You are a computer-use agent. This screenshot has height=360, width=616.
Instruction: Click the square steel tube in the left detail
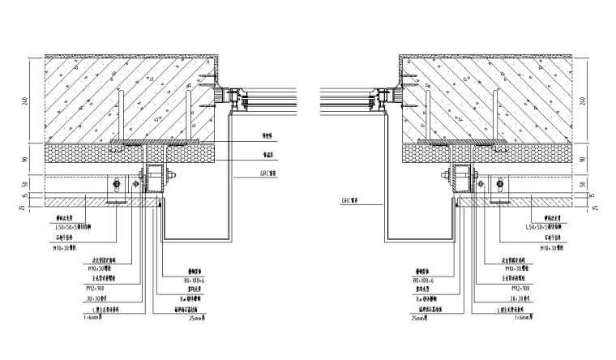pos(155,180)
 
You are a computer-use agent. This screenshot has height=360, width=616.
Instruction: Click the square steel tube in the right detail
pos(461,180)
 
